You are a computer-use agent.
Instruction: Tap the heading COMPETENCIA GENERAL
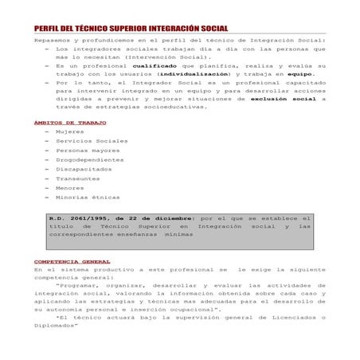click(x=72, y=261)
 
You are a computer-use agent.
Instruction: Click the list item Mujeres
click(x=70, y=131)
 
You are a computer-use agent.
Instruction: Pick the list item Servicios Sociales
click(x=91, y=141)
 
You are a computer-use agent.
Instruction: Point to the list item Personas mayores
click(x=88, y=151)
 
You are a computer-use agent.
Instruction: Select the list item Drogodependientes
click(x=89, y=159)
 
